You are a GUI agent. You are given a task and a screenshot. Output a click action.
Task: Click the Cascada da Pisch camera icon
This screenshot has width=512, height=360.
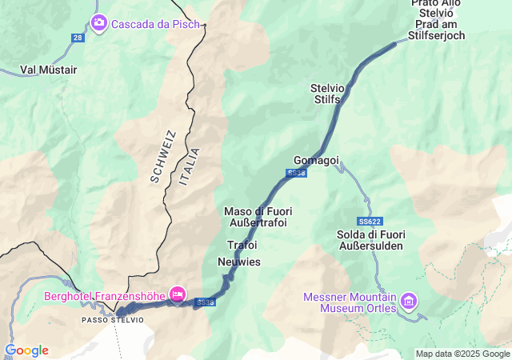point(99,22)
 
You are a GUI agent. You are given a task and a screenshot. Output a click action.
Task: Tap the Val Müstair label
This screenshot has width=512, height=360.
point(48,70)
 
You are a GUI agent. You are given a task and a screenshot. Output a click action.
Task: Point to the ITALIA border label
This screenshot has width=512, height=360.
point(190,166)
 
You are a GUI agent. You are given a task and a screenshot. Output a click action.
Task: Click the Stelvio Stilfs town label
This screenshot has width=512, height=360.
point(326,94)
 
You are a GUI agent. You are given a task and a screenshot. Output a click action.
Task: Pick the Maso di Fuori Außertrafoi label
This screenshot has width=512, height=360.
point(258,217)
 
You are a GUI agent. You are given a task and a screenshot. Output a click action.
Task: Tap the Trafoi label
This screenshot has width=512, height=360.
point(242,244)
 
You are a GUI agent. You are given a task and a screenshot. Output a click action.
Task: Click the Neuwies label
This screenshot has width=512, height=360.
point(238,262)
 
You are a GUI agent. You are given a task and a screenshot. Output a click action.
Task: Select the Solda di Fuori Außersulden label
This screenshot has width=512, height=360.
point(373,240)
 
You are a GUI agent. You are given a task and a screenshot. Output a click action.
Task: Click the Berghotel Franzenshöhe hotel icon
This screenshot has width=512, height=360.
point(178,294)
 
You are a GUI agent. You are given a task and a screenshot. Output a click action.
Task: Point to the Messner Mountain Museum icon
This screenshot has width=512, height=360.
point(410,301)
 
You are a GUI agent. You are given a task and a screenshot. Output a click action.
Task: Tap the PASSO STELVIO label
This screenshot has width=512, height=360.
point(113,320)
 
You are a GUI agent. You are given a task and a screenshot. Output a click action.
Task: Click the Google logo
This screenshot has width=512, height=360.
point(26,350)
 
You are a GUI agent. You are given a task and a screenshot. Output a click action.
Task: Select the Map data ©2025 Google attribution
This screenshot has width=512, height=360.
point(462,354)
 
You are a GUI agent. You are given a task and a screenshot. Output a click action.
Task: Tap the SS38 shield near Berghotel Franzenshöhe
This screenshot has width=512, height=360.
point(206,302)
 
